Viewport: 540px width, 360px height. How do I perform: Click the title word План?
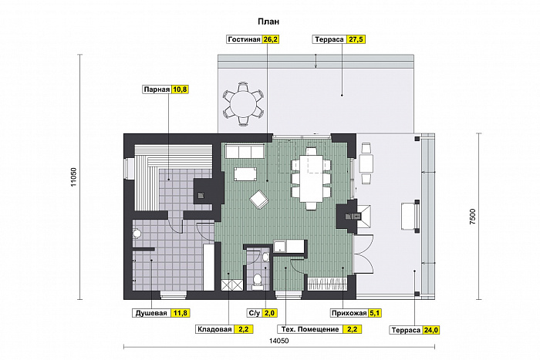268,22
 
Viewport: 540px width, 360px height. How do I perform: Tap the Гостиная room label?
244,39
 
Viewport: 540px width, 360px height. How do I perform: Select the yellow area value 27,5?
356,39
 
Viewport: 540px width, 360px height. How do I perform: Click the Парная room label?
157,90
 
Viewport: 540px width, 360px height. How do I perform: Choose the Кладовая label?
214,329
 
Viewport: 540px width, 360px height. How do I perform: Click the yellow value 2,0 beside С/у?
269,313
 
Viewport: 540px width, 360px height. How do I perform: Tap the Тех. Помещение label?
310,329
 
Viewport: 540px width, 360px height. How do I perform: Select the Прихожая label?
349,313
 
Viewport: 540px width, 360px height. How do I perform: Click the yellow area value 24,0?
430,330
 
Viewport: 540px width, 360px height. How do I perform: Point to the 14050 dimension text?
279,341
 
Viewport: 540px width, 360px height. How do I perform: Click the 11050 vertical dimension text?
73,177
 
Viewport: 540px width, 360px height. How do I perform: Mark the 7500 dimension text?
472,217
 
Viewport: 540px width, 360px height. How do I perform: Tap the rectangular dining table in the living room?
311,179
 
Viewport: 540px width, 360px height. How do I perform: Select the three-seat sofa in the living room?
245,151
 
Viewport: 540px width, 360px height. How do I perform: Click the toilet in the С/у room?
257,281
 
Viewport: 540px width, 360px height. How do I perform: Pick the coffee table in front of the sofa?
245,173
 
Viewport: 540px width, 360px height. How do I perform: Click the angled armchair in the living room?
259,200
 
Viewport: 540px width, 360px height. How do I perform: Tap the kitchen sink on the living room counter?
280,246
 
